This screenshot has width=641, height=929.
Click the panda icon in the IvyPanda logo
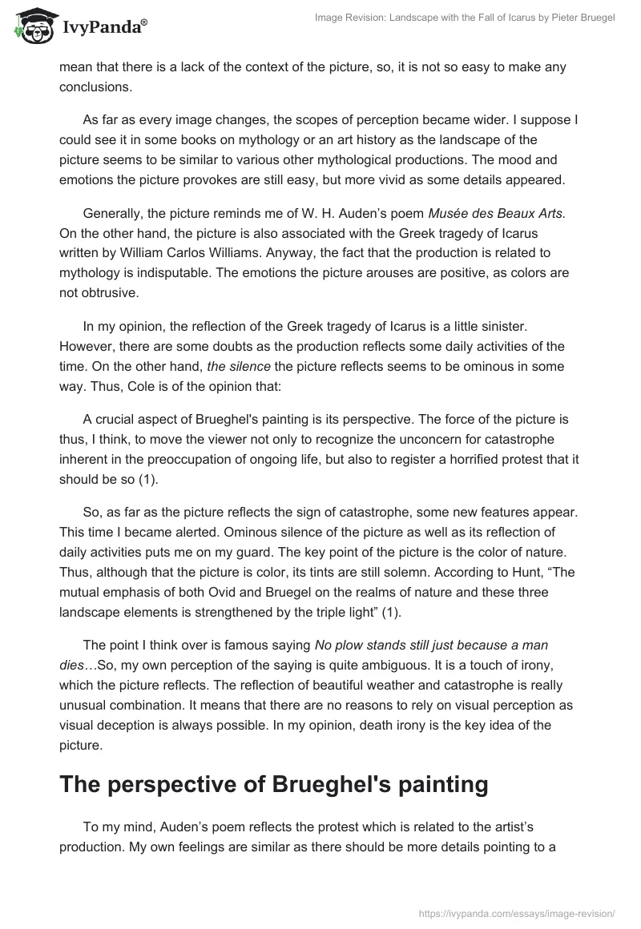pos(30,26)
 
